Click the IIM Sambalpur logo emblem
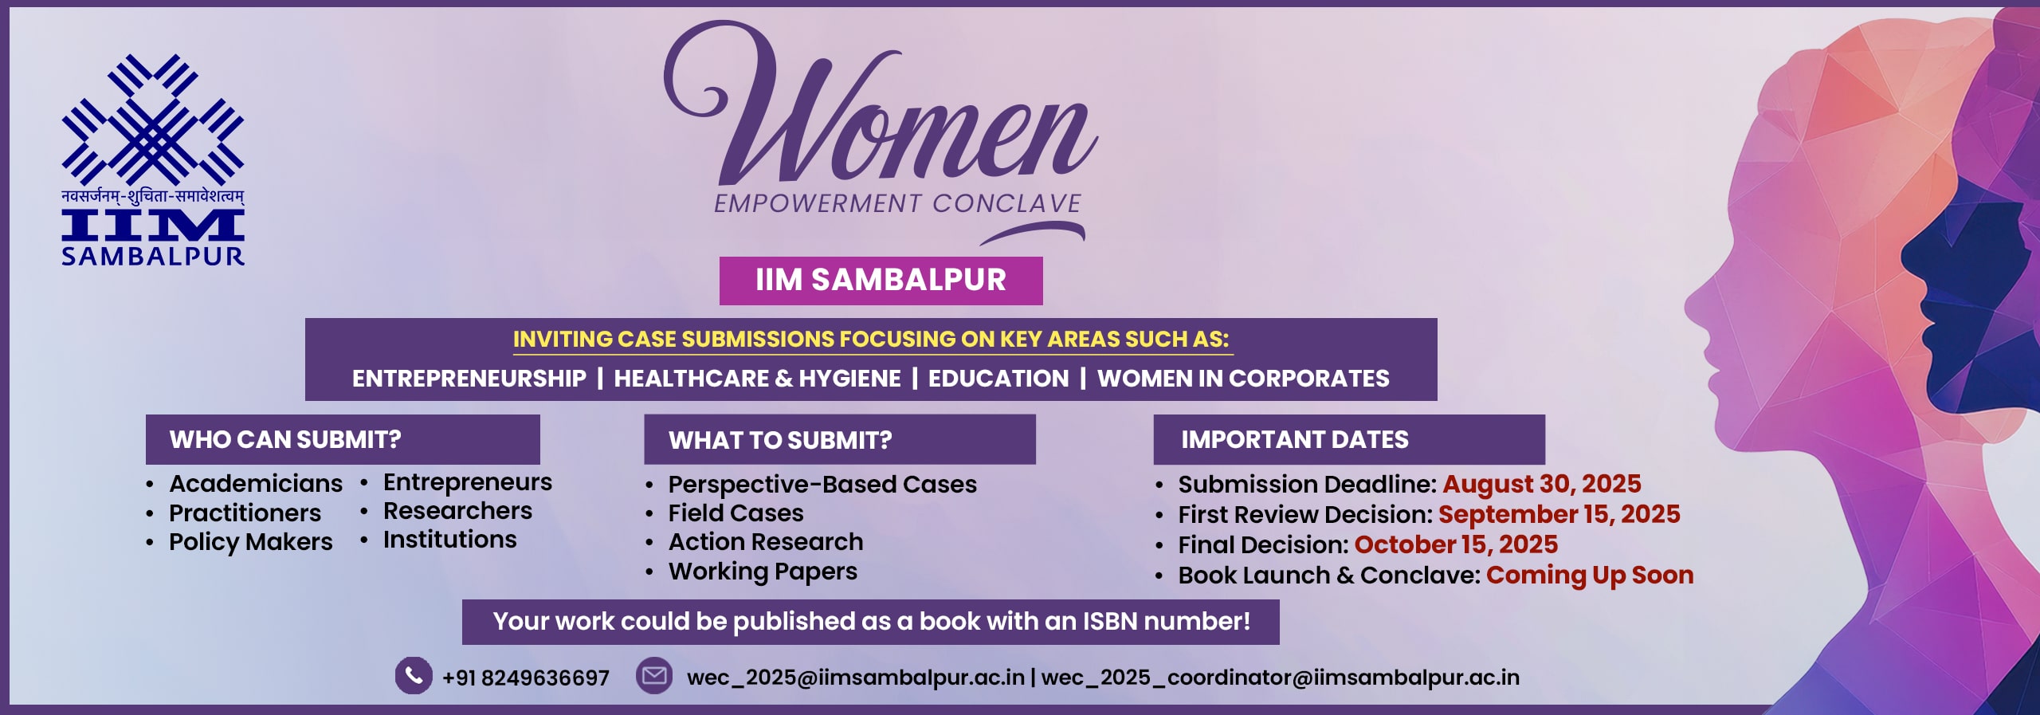(x=153, y=120)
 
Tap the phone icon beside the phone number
(x=414, y=676)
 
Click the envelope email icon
(x=654, y=676)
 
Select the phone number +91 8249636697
(x=526, y=678)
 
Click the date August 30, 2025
(x=1541, y=484)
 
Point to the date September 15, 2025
(x=1559, y=514)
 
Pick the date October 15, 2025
(x=1456, y=544)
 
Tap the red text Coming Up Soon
(x=1590, y=575)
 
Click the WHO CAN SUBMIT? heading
(x=285, y=439)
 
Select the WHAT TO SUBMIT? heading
(x=780, y=440)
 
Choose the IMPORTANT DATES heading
(x=1295, y=439)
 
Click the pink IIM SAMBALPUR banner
(x=881, y=281)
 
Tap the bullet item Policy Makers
(x=250, y=542)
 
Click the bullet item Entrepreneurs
(x=467, y=482)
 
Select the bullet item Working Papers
(x=763, y=572)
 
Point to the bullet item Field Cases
(x=736, y=513)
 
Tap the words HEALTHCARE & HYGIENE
(x=757, y=379)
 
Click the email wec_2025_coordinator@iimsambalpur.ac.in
(x=1280, y=678)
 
